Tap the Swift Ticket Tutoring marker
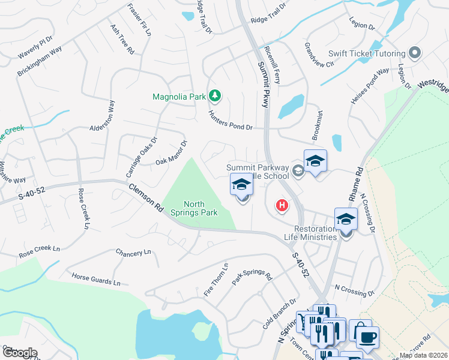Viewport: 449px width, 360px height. click(415, 53)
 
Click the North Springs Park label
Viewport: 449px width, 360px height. click(200, 208)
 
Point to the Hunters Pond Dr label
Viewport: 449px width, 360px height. click(231, 119)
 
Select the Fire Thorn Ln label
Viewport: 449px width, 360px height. click(216, 280)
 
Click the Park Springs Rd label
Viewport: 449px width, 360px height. click(252, 275)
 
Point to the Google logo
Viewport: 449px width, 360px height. click(19, 353)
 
